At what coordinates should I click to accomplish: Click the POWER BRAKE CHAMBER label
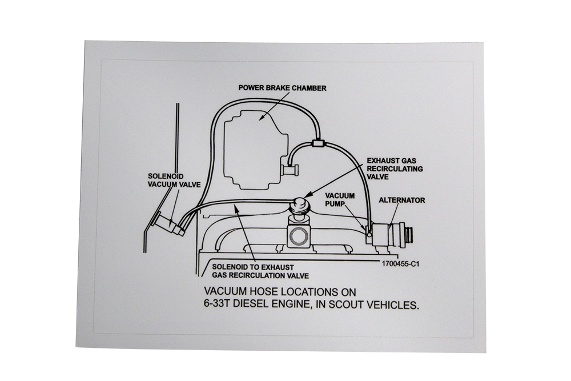(x=282, y=88)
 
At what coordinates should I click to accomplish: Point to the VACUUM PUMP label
(x=340, y=199)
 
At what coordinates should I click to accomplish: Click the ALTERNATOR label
(x=402, y=200)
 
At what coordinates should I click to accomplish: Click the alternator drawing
(x=394, y=234)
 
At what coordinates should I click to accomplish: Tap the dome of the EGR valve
(x=301, y=203)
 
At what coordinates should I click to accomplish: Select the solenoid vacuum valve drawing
(x=169, y=225)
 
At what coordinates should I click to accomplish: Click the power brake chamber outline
(x=251, y=151)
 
